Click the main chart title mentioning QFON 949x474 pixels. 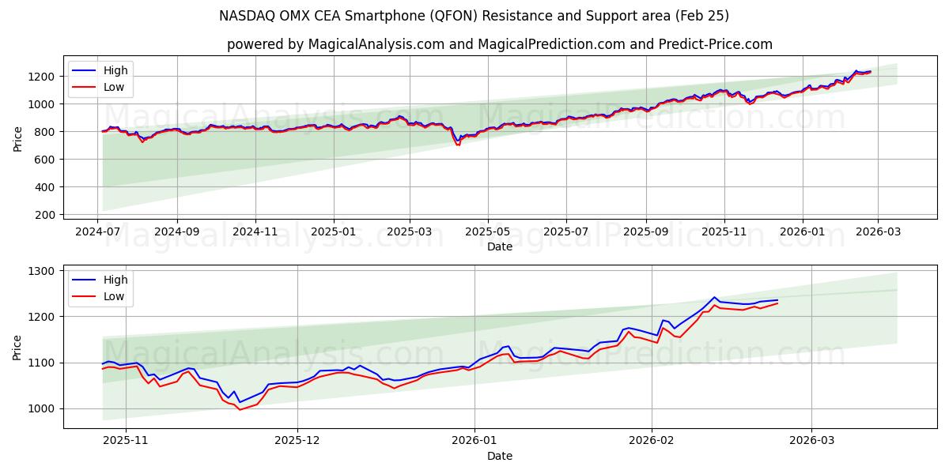tap(475, 16)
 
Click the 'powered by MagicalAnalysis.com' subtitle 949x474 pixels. tap(499, 44)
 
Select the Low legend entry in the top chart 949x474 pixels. tap(114, 87)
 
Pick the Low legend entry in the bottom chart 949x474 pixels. tap(114, 296)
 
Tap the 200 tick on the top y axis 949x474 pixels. tap(44, 215)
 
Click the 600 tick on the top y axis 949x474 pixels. tap(44, 160)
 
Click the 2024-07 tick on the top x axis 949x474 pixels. tap(98, 231)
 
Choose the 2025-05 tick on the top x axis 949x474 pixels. tap(487, 231)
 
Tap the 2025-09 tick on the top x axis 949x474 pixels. tap(646, 231)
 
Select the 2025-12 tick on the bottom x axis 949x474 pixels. tap(297, 440)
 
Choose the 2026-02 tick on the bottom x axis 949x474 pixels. tap(653, 440)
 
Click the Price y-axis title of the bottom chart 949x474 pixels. tap(18, 347)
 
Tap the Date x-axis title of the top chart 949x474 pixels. tap(499, 246)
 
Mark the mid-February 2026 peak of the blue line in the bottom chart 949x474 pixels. tap(714, 297)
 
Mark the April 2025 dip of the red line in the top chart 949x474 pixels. tap(458, 145)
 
